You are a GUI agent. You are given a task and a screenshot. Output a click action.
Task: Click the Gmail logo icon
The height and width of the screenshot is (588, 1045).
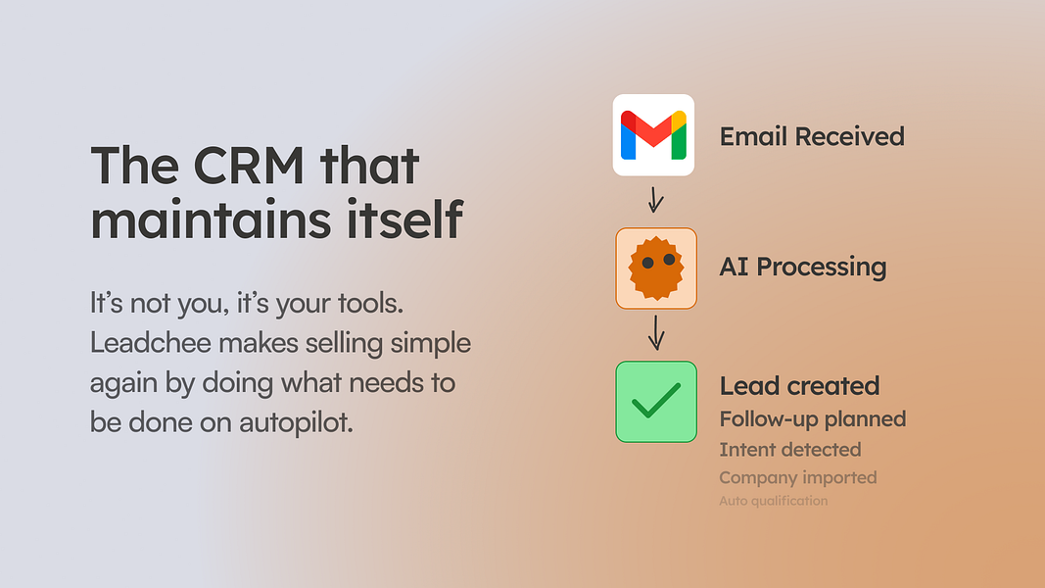click(653, 135)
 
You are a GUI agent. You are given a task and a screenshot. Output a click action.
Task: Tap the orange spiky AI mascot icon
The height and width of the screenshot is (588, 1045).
click(656, 268)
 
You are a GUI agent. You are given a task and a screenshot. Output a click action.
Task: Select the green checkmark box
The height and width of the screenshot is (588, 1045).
click(656, 402)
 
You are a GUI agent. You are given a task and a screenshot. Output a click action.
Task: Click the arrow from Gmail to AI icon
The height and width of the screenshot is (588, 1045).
click(656, 199)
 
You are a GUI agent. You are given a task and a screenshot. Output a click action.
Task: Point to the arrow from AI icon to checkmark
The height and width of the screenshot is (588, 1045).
click(656, 332)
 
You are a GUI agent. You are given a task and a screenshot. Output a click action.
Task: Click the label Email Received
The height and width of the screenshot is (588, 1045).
click(812, 136)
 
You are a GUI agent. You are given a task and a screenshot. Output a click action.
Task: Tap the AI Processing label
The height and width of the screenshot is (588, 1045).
click(802, 267)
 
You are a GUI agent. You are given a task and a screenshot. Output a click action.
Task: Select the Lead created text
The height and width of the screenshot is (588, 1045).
click(799, 385)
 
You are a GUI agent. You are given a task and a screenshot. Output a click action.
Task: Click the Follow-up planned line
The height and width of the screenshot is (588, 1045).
click(813, 419)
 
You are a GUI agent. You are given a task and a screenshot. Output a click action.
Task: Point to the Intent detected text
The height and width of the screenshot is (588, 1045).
click(789, 450)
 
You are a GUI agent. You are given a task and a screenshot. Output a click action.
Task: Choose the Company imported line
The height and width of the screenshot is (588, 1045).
click(798, 477)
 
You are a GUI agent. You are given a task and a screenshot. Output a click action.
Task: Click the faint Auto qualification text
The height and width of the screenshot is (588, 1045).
click(773, 501)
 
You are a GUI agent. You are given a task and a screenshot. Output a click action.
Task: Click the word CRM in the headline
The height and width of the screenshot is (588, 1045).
click(249, 165)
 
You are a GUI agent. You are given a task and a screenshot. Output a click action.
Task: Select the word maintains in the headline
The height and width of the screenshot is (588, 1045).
click(211, 219)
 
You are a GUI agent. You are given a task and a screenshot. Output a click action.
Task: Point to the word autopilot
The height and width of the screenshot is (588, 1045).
click(296, 422)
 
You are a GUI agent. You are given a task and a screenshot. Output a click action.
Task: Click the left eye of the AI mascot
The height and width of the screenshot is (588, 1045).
click(647, 264)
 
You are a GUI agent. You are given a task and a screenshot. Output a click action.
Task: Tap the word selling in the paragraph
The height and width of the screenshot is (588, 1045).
click(344, 344)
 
